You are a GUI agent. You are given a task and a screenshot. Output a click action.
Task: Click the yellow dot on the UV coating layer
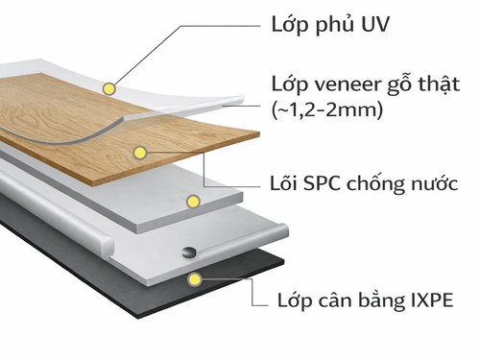[x=110, y=88]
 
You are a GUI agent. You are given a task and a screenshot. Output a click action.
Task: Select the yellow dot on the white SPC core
[x=194, y=202]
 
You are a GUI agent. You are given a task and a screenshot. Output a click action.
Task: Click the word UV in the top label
[x=372, y=21]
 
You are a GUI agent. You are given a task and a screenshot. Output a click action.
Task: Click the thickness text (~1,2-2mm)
[x=328, y=110]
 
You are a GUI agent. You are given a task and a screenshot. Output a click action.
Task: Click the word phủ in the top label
[x=331, y=22]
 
